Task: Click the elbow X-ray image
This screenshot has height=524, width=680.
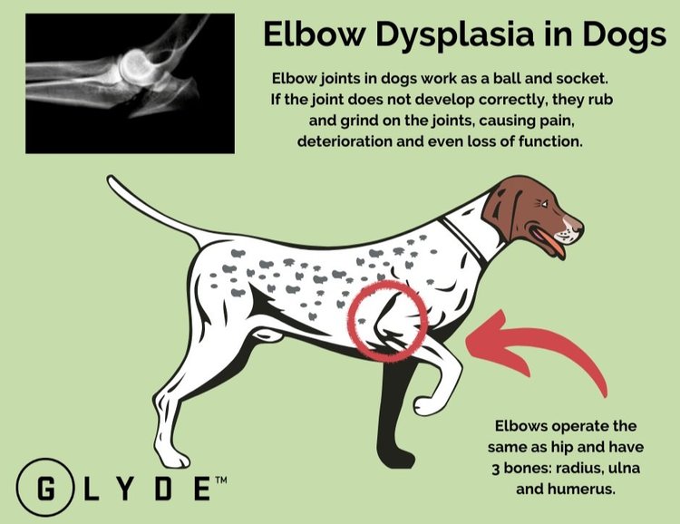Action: tap(130, 84)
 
